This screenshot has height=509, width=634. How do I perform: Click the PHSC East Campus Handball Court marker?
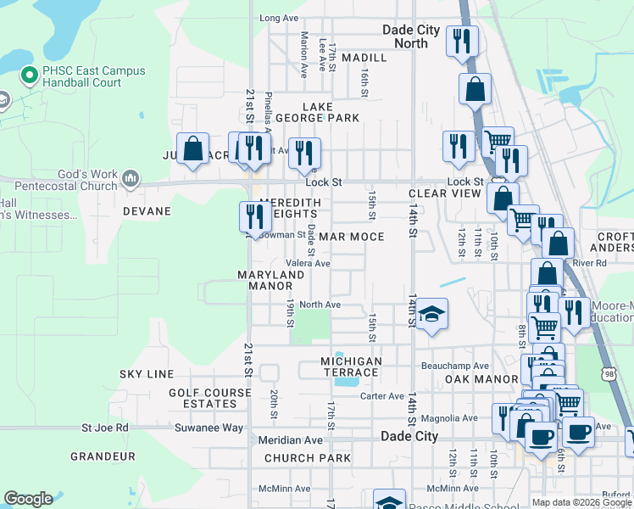coord(29,77)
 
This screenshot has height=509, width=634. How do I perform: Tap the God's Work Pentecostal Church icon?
coord(130,178)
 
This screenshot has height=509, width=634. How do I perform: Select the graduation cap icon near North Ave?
coord(432,316)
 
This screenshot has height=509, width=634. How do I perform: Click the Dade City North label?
coord(411,36)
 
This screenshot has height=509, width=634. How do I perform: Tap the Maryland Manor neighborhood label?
coord(270,281)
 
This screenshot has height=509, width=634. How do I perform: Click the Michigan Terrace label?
coord(352,367)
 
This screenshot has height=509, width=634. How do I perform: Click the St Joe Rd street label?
coord(104,428)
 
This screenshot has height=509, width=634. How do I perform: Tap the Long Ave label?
coord(279,18)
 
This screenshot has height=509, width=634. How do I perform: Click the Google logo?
coord(28,499)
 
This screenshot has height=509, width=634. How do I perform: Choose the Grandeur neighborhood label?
coord(103,456)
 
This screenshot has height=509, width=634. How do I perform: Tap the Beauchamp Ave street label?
coord(456,366)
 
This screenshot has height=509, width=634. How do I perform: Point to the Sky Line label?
coord(147,374)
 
